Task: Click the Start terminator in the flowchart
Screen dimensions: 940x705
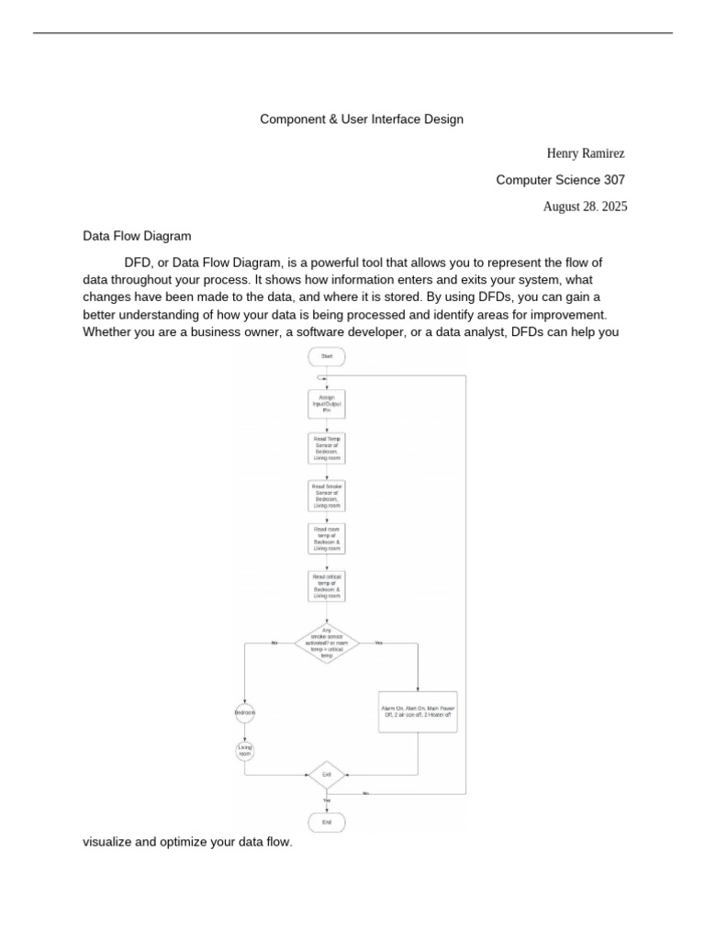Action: tap(327, 355)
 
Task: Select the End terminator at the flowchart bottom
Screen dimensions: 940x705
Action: tap(327, 822)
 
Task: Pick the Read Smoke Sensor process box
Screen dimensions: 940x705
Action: tap(326, 495)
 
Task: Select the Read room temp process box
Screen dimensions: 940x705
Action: tap(326, 539)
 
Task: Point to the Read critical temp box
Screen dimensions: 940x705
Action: tap(326, 586)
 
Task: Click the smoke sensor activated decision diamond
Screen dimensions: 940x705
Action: tap(327, 643)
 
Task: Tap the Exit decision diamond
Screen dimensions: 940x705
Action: tap(326, 776)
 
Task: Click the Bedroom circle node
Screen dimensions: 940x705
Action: tap(245, 712)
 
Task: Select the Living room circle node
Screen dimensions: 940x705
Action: tap(245, 751)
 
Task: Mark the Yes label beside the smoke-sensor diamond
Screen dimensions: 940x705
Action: tap(378, 643)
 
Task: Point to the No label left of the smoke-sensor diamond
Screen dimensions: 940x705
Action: tap(274, 643)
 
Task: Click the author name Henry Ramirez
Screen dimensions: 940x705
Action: tap(585, 153)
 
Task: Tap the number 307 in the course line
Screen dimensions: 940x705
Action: tap(615, 180)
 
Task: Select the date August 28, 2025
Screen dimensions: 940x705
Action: tap(585, 207)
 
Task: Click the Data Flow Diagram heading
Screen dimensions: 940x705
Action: tap(137, 236)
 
